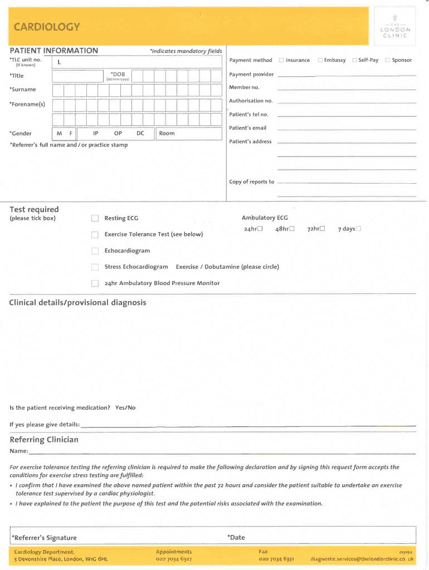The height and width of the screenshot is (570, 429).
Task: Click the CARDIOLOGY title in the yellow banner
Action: tap(47, 27)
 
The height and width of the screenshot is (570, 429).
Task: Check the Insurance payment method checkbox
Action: tap(281, 60)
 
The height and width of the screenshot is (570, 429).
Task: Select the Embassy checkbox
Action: tap(320, 60)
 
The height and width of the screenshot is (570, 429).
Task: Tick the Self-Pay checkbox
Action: tap(354, 60)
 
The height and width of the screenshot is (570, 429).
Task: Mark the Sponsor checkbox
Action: tap(388, 60)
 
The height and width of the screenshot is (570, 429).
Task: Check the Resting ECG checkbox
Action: tap(95, 218)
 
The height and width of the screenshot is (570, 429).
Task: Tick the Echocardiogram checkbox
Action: tap(95, 251)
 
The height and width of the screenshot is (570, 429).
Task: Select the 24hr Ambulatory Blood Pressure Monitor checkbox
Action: tap(95, 283)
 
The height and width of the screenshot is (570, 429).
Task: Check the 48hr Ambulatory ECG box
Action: tap(291, 229)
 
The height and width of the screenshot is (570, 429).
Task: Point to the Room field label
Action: tap(167, 134)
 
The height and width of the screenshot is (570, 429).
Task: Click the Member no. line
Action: tap(346, 89)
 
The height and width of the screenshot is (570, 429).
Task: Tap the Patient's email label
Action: tap(247, 128)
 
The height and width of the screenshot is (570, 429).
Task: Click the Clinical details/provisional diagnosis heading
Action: tap(77, 303)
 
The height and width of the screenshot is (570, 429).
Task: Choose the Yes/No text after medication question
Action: tap(125, 408)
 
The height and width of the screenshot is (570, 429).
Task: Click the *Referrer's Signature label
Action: tap(44, 538)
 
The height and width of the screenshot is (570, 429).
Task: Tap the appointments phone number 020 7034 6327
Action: tap(174, 559)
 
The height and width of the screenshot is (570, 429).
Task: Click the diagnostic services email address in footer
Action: tap(362, 559)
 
